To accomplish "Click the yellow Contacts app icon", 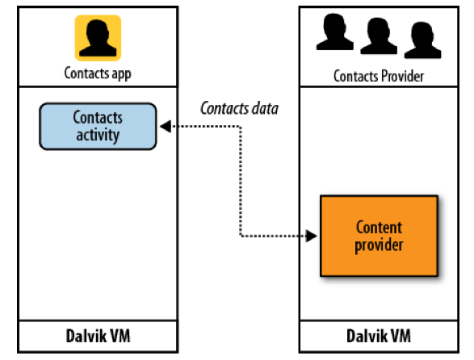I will coord(98,38).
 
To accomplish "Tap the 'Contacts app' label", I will coord(98,74).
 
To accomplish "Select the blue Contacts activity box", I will coord(98,126).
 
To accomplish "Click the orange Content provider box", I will coord(378,235).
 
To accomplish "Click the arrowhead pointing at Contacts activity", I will coord(164,126).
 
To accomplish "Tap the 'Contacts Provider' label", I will coord(378,76).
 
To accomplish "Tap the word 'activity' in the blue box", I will coord(98,134).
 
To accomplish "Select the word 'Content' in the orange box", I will coord(378,227).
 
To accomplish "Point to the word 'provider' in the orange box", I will coord(378,244).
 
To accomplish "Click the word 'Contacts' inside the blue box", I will coord(98,118).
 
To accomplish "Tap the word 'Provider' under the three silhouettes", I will coord(400,76).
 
